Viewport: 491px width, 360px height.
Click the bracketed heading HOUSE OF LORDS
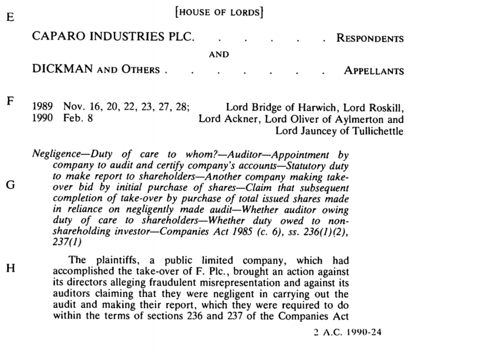tap(219, 12)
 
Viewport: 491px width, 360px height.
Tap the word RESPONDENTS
tap(370, 38)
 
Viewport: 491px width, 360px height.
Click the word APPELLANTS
tap(374, 71)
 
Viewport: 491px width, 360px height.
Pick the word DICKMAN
tap(62, 69)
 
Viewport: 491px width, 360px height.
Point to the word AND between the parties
tap(219, 54)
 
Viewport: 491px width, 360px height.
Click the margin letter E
tap(10, 17)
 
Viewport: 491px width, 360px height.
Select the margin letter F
tap(10, 101)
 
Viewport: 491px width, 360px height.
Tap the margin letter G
tap(10, 185)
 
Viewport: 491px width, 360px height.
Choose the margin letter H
tap(11, 268)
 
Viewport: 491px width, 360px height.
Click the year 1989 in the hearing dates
tap(43, 106)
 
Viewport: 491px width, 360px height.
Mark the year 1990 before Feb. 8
tap(43, 118)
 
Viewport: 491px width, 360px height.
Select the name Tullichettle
tap(378, 131)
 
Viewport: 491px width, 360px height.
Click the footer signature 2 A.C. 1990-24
tap(347, 332)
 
